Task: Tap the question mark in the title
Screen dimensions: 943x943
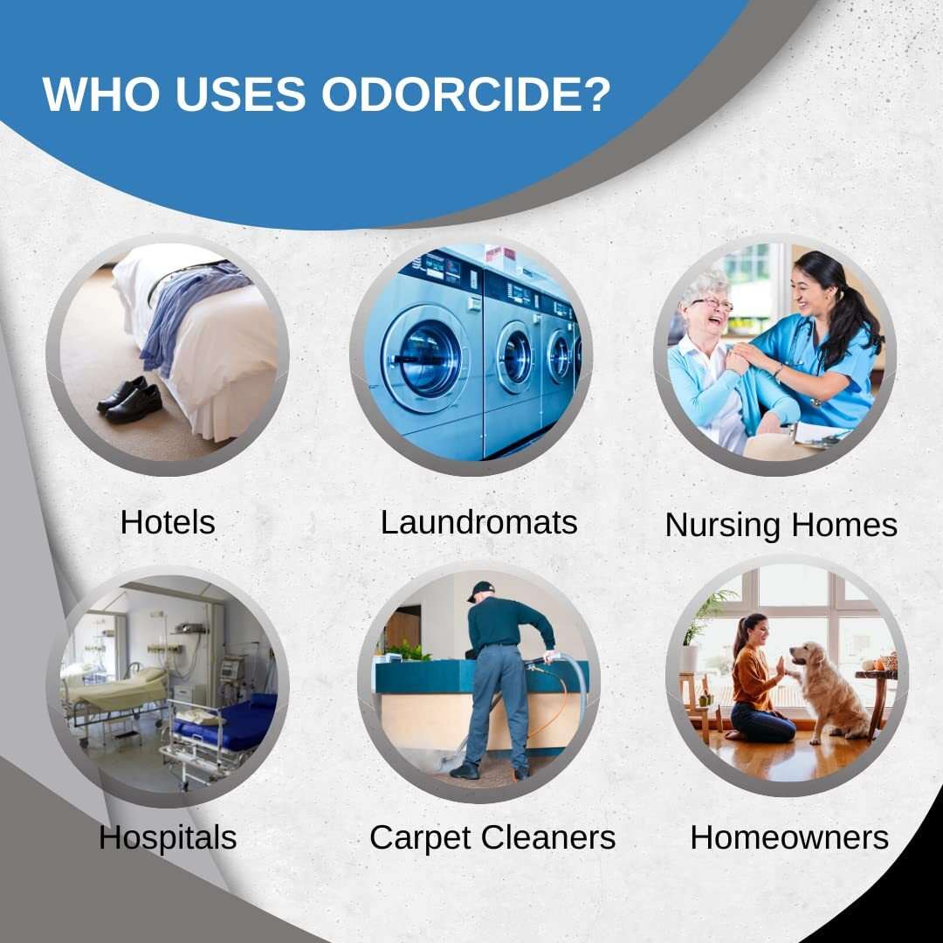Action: click(x=595, y=94)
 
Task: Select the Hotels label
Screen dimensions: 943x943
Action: click(x=168, y=522)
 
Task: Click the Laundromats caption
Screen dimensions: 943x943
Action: click(x=478, y=522)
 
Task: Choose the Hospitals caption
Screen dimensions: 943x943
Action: click(x=168, y=836)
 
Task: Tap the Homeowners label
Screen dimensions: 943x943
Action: click(x=788, y=836)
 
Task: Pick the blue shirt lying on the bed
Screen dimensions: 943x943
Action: click(x=192, y=306)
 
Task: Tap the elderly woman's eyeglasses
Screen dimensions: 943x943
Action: click(x=713, y=305)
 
